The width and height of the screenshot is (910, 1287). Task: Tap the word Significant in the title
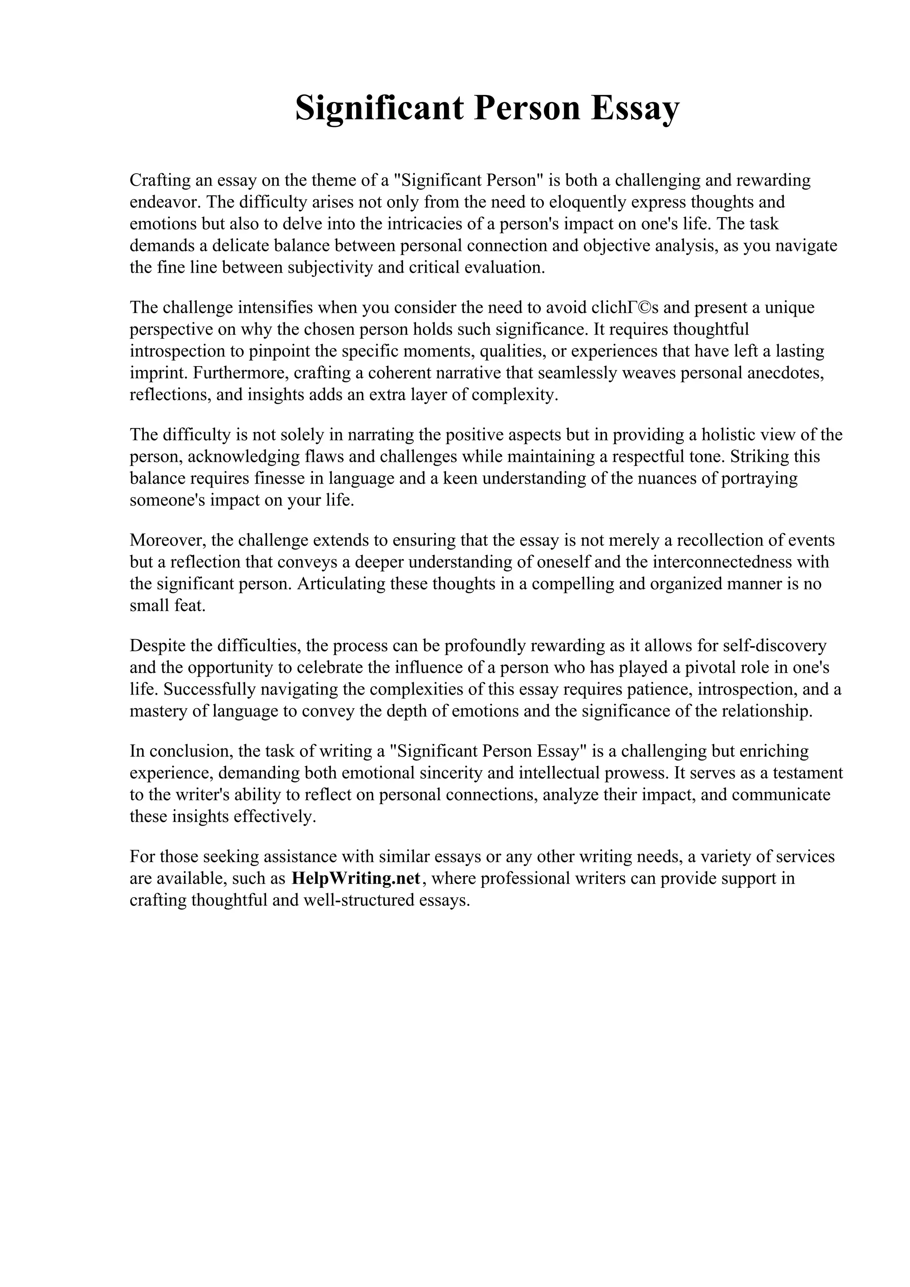(379, 108)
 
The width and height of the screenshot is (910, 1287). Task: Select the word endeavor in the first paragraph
(164, 202)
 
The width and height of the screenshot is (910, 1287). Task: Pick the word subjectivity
(329, 267)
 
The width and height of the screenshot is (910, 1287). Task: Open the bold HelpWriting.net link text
(356, 878)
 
